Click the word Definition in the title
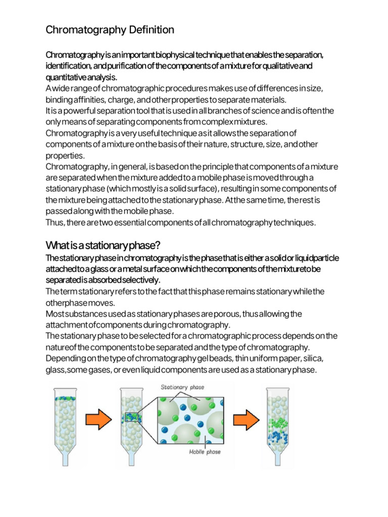click(151, 30)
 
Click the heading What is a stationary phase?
click(103, 245)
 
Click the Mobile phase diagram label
click(204, 452)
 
